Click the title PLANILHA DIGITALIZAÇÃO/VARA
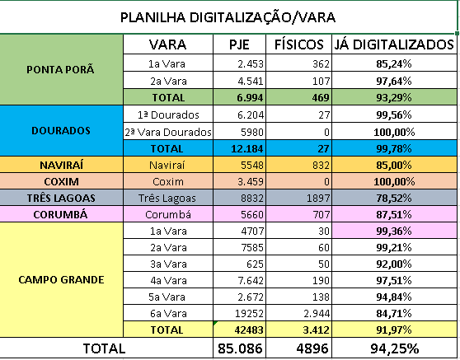click(228, 17)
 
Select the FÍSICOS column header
click(299, 44)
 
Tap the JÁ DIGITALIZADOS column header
click(394, 44)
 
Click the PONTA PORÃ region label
click(60, 70)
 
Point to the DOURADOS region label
click(61, 131)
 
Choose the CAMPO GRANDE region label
click(61, 279)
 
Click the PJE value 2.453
click(251, 64)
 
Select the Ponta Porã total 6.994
click(250, 98)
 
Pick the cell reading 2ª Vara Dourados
click(168, 132)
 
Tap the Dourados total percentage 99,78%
click(394, 148)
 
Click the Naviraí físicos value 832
click(321, 166)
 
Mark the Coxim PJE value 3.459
click(251, 182)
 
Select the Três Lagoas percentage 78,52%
click(394, 199)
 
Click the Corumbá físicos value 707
click(321, 214)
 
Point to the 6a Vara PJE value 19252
click(249, 313)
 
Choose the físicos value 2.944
click(317, 313)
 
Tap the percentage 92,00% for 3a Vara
click(394, 264)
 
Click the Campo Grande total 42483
click(249, 330)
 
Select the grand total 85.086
click(240, 348)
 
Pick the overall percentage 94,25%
click(394, 348)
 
